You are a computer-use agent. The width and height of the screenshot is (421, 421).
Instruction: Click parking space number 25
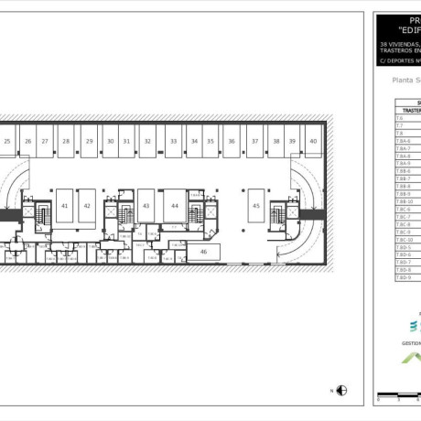[6, 141]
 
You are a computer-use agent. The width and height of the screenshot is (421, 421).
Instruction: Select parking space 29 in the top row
[89, 141]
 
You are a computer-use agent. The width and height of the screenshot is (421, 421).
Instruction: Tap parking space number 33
[173, 141]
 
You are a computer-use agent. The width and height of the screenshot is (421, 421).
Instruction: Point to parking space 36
[232, 141]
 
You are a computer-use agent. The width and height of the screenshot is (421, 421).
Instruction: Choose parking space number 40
[313, 141]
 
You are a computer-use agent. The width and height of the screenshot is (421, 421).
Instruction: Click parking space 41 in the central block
[65, 206]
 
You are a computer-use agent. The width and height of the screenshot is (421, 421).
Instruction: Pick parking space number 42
[87, 206]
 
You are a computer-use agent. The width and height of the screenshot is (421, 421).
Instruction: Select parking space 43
[146, 206]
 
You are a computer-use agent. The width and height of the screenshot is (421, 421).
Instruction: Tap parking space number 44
[174, 206]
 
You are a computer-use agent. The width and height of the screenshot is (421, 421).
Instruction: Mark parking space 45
[256, 206]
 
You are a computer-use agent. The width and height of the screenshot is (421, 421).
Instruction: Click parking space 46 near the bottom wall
[203, 251]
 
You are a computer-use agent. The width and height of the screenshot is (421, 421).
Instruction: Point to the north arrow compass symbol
[341, 390]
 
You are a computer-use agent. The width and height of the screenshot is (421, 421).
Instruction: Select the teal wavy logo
[414, 326]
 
